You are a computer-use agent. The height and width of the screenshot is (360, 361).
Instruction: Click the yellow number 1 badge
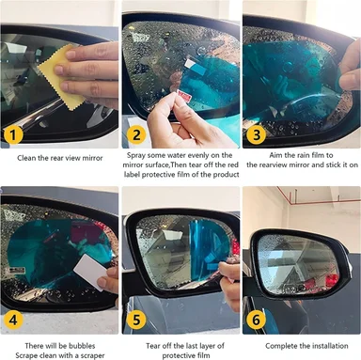13,135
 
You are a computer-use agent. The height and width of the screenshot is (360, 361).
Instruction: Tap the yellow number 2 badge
136,135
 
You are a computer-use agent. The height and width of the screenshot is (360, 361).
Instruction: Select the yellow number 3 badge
257,135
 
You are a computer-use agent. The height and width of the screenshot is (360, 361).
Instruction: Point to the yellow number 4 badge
13,320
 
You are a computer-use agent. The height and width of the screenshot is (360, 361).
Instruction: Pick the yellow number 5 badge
136,320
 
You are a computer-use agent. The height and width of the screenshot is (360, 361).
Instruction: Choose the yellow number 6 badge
257,320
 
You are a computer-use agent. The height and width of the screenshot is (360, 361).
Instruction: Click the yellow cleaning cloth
63,78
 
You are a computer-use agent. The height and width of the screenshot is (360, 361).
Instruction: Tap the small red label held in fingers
182,94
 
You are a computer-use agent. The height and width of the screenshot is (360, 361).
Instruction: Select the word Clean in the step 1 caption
26,158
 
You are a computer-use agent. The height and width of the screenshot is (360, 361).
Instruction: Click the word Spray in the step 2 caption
136,155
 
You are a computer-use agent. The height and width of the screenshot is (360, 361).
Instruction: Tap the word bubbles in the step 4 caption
82,346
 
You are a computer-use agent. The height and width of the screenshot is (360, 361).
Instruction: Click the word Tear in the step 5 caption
152,346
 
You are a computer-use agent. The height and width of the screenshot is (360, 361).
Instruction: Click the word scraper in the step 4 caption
91,356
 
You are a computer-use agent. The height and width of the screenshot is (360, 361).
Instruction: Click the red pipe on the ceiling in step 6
317,196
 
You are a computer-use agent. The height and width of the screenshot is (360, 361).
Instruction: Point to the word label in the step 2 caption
132,175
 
